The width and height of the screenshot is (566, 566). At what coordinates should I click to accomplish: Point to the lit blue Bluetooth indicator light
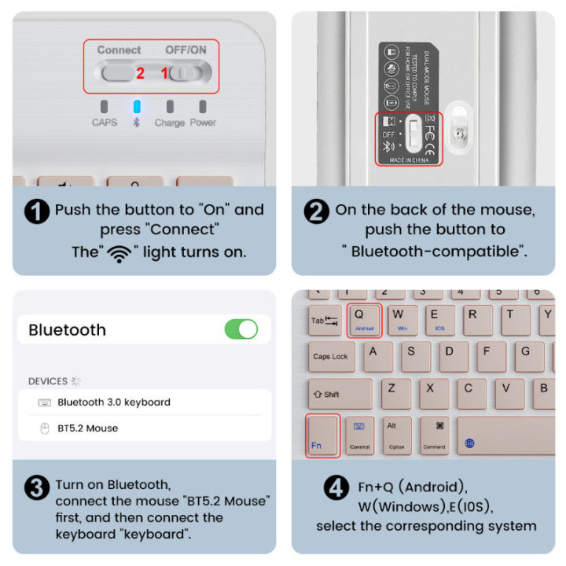pyautogui.click(x=137, y=107)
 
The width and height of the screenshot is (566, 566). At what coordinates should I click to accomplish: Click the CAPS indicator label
pyautogui.click(x=104, y=123)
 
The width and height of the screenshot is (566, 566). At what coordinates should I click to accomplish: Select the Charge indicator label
pyautogui.click(x=169, y=123)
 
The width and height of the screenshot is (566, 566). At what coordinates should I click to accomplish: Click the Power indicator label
pyautogui.click(x=203, y=123)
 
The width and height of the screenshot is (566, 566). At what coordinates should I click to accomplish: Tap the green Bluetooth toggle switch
pyautogui.click(x=241, y=329)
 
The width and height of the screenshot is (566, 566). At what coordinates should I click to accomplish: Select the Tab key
pyautogui.click(x=324, y=321)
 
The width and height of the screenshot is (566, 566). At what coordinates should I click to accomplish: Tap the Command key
pyautogui.click(x=434, y=436)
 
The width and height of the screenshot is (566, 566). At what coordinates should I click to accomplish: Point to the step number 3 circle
pyautogui.click(x=37, y=488)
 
